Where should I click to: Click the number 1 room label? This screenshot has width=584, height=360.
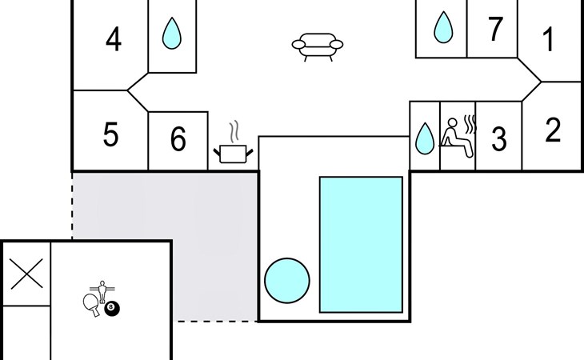coord(549,39)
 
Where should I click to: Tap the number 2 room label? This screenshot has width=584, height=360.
coord(553,130)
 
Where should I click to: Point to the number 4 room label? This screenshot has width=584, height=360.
coord(114,39)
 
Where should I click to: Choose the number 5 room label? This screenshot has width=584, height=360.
coord(111,135)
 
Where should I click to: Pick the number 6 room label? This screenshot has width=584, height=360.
coord(178,140)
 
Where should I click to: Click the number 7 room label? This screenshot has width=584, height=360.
coord(496,30)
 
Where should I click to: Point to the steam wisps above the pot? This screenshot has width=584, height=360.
coord(234,130)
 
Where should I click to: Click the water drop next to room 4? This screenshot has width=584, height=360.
coord(172,34)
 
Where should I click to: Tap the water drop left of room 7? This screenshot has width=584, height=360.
coord(442,28)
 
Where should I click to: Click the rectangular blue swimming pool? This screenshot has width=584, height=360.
coord(361,244)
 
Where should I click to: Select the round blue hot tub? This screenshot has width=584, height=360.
coord(286,280)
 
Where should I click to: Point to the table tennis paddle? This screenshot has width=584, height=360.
coord(90,303)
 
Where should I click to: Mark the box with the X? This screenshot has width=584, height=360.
coord(26,274)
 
